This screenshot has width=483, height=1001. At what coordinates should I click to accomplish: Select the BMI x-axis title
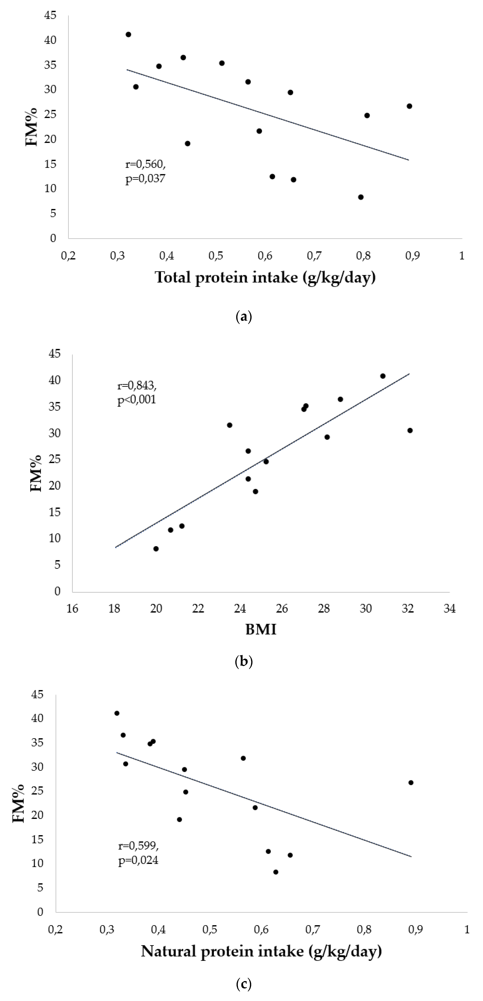pos(261,629)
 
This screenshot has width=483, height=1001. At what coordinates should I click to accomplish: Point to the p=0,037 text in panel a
pos(145,179)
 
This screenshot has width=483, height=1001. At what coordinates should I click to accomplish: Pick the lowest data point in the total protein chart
pos(361,197)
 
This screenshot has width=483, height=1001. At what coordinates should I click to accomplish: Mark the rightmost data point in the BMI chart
pos(410,430)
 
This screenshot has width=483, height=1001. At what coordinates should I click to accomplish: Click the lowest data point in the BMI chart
pos(156,549)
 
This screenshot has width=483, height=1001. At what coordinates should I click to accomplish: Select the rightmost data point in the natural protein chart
pos(411,783)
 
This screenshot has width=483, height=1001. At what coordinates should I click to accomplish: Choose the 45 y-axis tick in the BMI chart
pos(55,354)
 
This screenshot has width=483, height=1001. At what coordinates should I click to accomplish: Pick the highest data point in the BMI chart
pos(383,376)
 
